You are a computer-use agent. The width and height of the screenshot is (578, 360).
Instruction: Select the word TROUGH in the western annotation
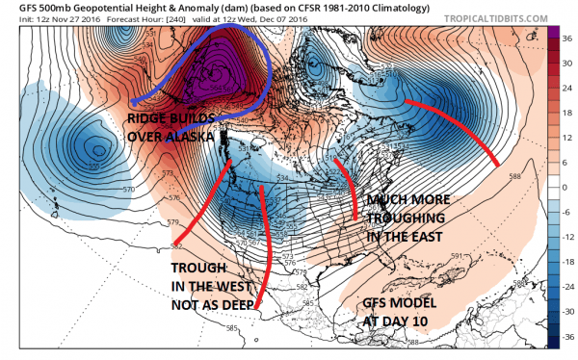[x=205, y=267]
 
